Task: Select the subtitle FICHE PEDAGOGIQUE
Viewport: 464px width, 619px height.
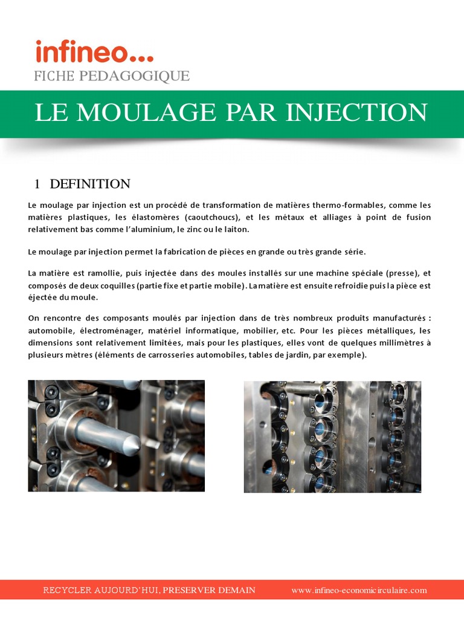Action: pos(111,76)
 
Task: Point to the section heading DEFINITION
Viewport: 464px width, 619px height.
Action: pos(90,184)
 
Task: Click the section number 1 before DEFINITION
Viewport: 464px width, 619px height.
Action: pos(37,184)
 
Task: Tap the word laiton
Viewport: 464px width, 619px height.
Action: pos(236,230)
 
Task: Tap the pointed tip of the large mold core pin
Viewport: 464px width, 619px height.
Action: pos(135,446)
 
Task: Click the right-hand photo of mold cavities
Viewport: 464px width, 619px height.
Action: pos(332,436)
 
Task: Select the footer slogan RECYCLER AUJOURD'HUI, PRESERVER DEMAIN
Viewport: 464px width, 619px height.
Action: pos(149,590)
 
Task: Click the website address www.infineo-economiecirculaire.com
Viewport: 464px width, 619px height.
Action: pos(359,590)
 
